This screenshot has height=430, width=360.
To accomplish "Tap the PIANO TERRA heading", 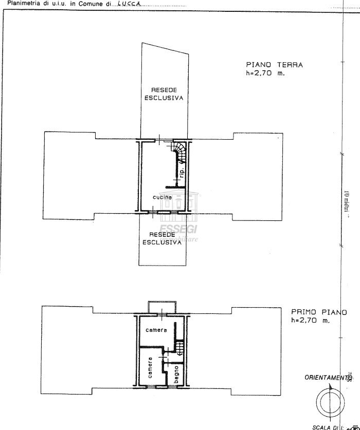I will click(274, 65).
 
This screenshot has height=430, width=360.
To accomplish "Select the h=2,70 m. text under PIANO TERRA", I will click(265, 73).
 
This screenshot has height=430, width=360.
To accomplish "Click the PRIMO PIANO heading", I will click(318, 312).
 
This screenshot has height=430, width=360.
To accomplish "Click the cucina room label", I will click(162, 197).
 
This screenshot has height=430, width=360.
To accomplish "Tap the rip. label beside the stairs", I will click(182, 173).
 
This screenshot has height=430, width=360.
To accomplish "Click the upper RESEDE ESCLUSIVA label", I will click(163, 93).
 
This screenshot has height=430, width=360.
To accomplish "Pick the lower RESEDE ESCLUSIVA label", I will click(163, 238).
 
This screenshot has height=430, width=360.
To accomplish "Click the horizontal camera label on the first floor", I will click(156, 329).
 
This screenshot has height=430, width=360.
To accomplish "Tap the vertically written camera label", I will click(150, 367).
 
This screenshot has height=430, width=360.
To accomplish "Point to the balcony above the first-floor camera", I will click(161, 306).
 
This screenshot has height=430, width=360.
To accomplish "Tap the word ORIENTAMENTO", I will click(327, 378).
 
